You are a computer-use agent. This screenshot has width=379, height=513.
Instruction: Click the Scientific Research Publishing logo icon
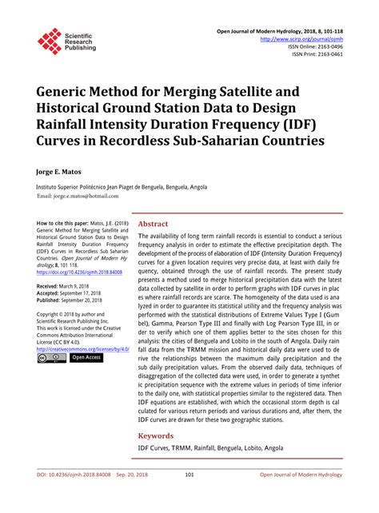[x=49, y=41]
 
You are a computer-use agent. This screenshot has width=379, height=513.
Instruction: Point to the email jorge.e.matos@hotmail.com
[x=79, y=195]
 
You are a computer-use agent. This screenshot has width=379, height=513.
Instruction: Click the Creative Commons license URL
[x=83, y=349]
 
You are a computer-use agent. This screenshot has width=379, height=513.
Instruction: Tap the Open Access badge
[x=87, y=358]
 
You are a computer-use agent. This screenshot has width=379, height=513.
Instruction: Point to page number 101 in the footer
[x=189, y=496]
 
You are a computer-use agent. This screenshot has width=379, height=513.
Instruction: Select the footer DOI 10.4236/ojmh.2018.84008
[x=78, y=496]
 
